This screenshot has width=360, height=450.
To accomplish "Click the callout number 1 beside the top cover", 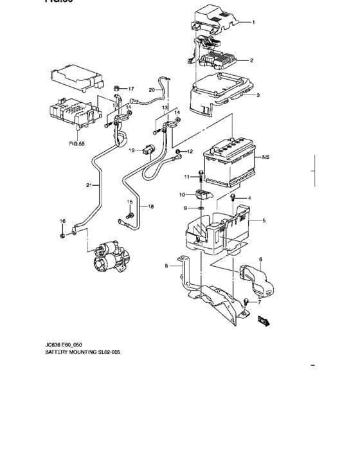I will (253, 23).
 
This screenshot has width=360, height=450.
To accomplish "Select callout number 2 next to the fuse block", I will (251, 61).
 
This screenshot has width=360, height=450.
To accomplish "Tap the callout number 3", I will (257, 96).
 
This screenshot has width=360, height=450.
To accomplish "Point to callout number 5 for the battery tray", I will (263, 221).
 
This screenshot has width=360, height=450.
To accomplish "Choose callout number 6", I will (260, 259).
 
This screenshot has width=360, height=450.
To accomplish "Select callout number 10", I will (182, 194).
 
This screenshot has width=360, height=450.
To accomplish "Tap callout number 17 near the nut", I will (130, 88).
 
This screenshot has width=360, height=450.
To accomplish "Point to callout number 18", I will (151, 206).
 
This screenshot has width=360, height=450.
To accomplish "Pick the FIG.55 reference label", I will (77, 145).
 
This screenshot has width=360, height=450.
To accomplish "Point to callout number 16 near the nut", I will (62, 221).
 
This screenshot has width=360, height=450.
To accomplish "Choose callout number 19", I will (130, 150).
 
